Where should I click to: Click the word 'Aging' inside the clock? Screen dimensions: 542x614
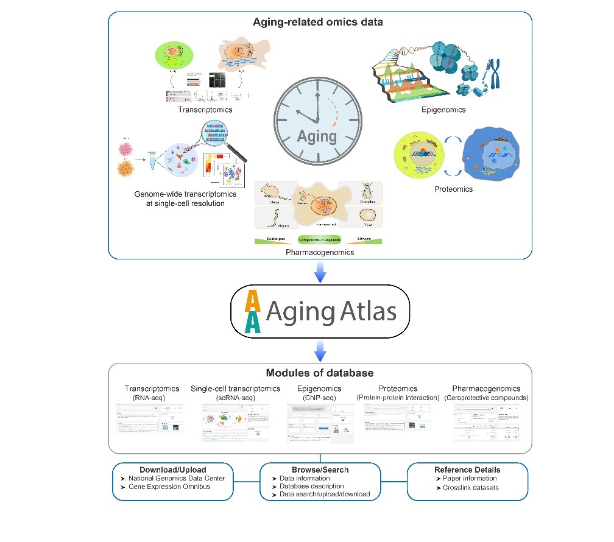317,135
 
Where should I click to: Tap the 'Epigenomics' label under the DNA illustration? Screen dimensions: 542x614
443,110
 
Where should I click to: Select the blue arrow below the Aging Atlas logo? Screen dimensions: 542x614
320,349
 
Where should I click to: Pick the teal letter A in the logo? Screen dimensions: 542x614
252,321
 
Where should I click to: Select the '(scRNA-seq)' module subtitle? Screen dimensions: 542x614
235,397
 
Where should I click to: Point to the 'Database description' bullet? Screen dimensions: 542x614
308,487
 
